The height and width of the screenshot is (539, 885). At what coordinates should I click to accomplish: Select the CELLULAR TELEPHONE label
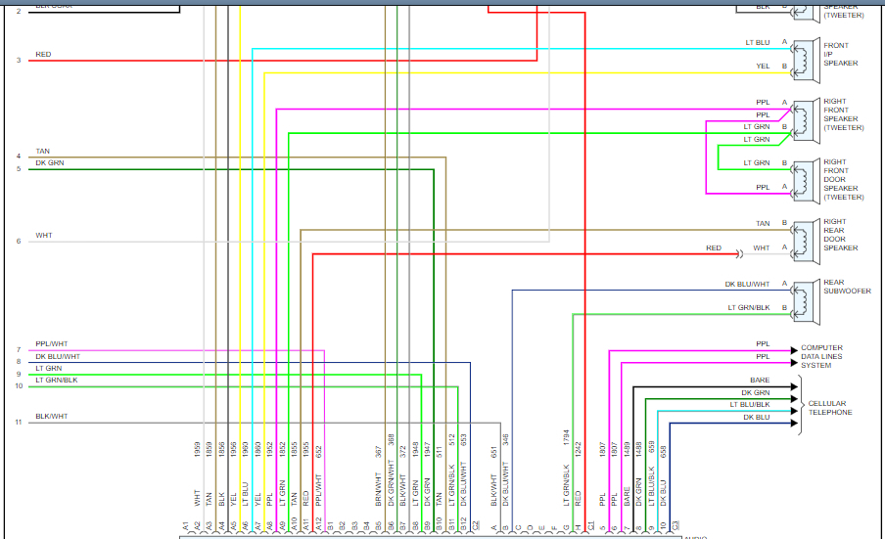829,408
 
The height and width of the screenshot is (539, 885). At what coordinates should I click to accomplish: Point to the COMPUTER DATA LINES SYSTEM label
821,356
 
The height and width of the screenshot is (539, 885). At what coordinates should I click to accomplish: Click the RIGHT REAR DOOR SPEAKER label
841,236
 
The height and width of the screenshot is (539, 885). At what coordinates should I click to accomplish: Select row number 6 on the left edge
18,241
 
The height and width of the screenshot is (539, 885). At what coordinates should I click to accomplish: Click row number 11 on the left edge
18,423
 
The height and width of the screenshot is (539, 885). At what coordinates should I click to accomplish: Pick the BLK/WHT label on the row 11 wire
51,417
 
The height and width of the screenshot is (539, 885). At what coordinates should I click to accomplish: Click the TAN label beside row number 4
42,151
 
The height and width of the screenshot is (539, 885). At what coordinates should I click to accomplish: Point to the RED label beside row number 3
43,55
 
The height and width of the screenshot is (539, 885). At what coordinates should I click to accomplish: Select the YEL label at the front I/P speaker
763,67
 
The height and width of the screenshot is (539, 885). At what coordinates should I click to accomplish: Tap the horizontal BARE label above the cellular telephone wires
760,380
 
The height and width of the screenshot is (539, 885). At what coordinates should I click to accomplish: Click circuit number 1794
566,438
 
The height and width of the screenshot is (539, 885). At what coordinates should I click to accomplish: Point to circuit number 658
664,451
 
